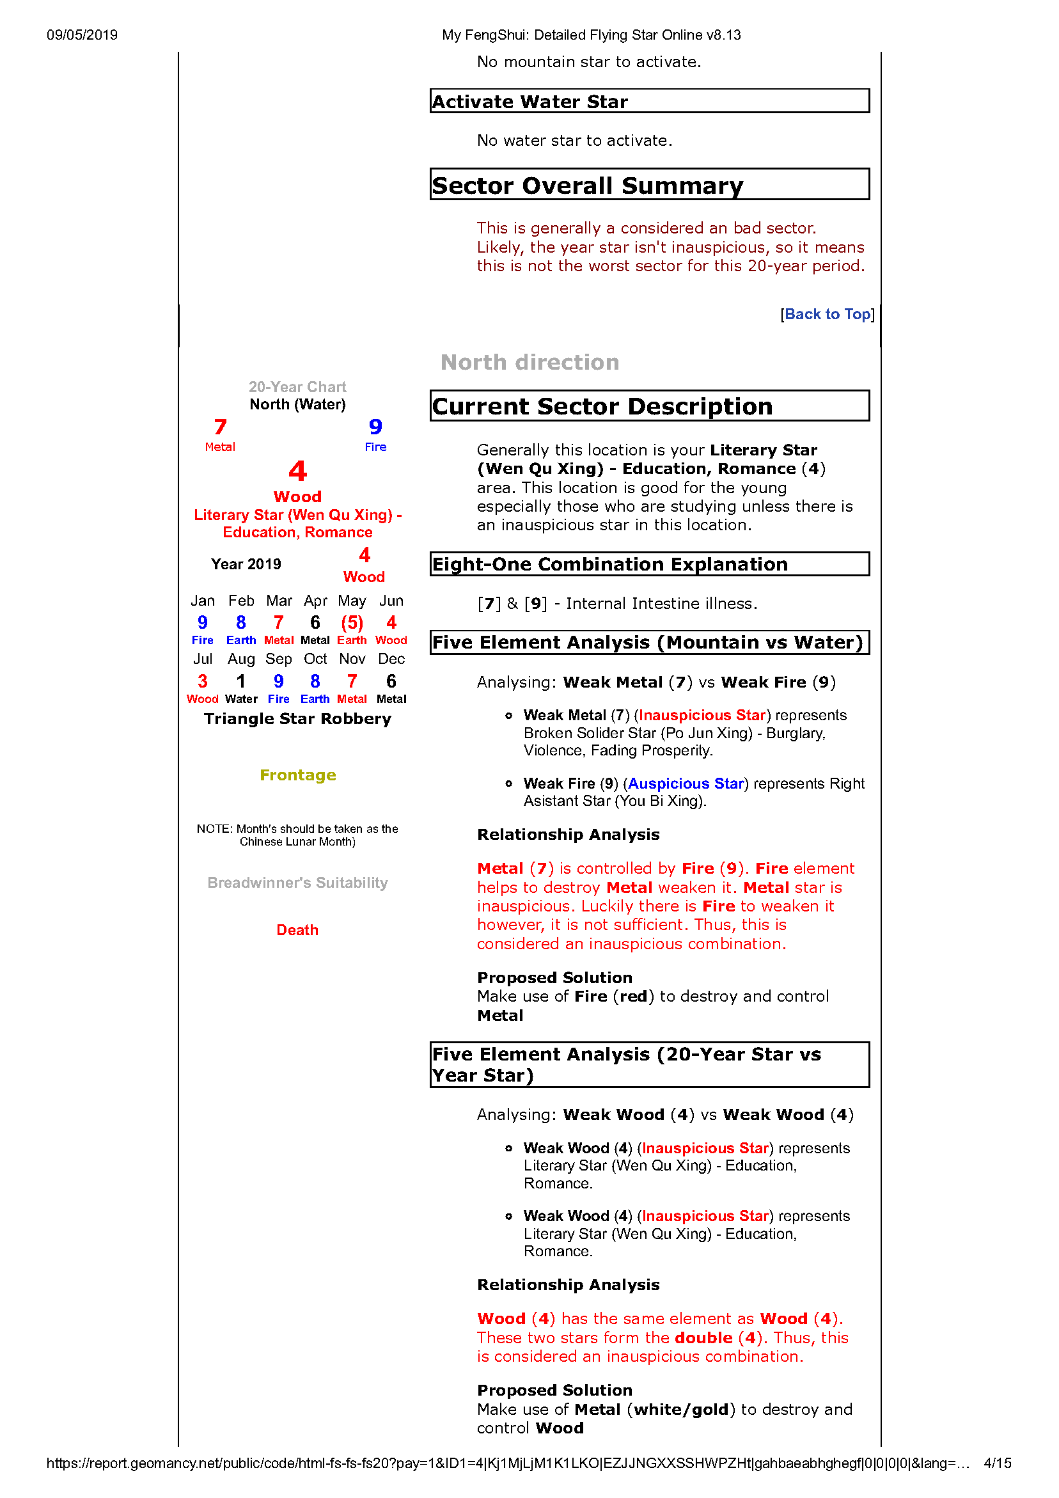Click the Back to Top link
827,315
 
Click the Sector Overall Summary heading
587,185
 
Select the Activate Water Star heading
530,102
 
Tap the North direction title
530,362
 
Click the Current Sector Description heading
602,406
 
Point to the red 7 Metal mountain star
221,427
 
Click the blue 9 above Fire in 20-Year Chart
375,427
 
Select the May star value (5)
352,623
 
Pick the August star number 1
241,681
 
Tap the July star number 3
202,681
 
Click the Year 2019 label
246,564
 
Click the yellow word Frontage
297,775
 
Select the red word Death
297,930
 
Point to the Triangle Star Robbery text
297,719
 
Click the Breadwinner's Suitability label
297,883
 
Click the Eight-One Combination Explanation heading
610,564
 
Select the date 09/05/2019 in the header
82,35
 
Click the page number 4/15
997,1463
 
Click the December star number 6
391,681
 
